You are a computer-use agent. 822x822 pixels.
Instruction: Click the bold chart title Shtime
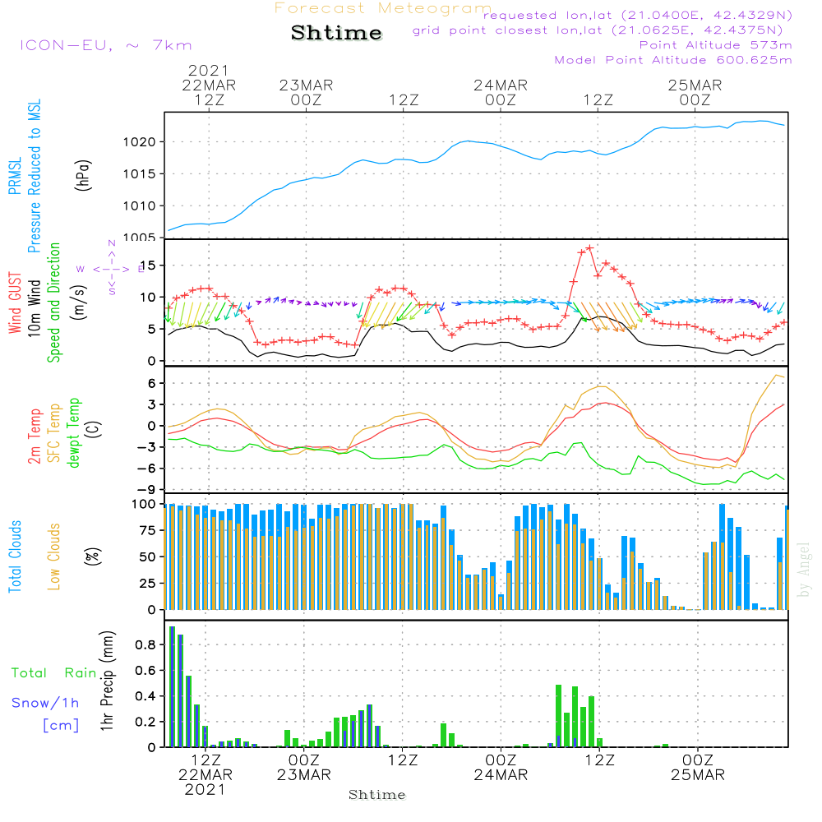(x=336, y=34)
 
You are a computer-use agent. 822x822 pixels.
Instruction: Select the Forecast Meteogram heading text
(x=383, y=9)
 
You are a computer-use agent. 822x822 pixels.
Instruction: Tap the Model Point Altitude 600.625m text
(x=673, y=60)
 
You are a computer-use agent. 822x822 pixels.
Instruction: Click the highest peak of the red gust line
(x=589, y=247)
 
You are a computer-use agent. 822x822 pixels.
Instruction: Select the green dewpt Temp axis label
(x=75, y=433)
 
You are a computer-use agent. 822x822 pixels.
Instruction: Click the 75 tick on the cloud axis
(x=145, y=531)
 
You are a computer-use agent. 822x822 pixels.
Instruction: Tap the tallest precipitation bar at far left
(x=172, y=686)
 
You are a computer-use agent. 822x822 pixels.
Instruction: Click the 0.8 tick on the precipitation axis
(x=145, y=644)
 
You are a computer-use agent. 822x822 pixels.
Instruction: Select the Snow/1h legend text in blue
(x=46, y=703)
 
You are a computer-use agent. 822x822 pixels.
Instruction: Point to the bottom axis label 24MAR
(x=501, y=775)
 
